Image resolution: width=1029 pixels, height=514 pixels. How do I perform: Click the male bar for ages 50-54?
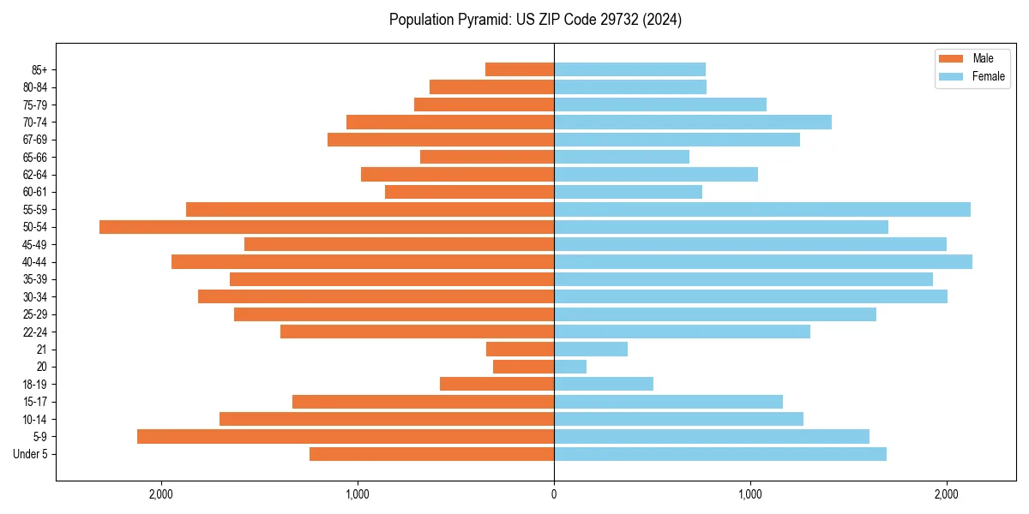coord(327,227)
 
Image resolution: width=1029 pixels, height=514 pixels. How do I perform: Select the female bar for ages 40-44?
coord(763,262)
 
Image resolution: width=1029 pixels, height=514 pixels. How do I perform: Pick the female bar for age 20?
coord(570,367)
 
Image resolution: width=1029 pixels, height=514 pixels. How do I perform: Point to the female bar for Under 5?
coord(720,454)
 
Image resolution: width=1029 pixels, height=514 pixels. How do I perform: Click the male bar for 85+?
coord(520,69)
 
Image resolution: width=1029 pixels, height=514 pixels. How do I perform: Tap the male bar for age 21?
coord(520,350)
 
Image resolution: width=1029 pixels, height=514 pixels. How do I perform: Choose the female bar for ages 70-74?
coord(693,123)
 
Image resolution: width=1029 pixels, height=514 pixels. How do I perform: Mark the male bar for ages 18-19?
coord(496,385)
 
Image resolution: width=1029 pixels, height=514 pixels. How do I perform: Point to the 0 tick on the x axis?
coord(554,494)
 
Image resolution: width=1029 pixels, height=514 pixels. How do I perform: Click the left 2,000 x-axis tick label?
coord(161,494)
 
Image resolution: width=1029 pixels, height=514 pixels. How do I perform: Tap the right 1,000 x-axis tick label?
coord(750,494)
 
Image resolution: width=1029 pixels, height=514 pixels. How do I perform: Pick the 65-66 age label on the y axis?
coord(35,158)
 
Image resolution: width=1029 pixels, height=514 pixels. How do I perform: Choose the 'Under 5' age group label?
coord(30,454)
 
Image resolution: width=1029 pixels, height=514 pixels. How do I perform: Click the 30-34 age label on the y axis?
coord(35,297)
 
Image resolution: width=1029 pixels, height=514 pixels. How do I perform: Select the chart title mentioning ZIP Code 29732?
coord(535,20)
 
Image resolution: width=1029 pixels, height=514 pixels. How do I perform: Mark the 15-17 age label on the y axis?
coord(35,402)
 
